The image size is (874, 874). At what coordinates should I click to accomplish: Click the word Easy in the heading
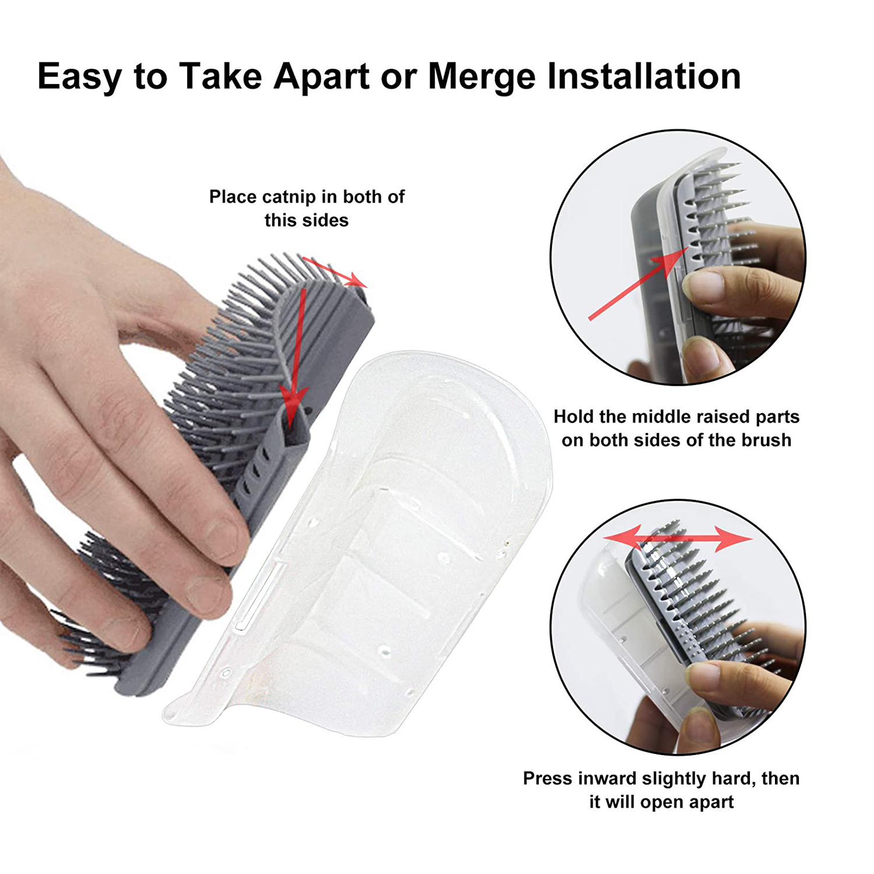point(80,77)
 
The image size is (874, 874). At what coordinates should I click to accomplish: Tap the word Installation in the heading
point(644,76)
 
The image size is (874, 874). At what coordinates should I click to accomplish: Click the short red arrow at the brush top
point(334,272)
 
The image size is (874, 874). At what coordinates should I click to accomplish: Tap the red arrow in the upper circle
point(637,284)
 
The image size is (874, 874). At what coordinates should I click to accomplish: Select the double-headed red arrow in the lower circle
point(678,538)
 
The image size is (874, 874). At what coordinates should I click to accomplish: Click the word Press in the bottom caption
point(550,778)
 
